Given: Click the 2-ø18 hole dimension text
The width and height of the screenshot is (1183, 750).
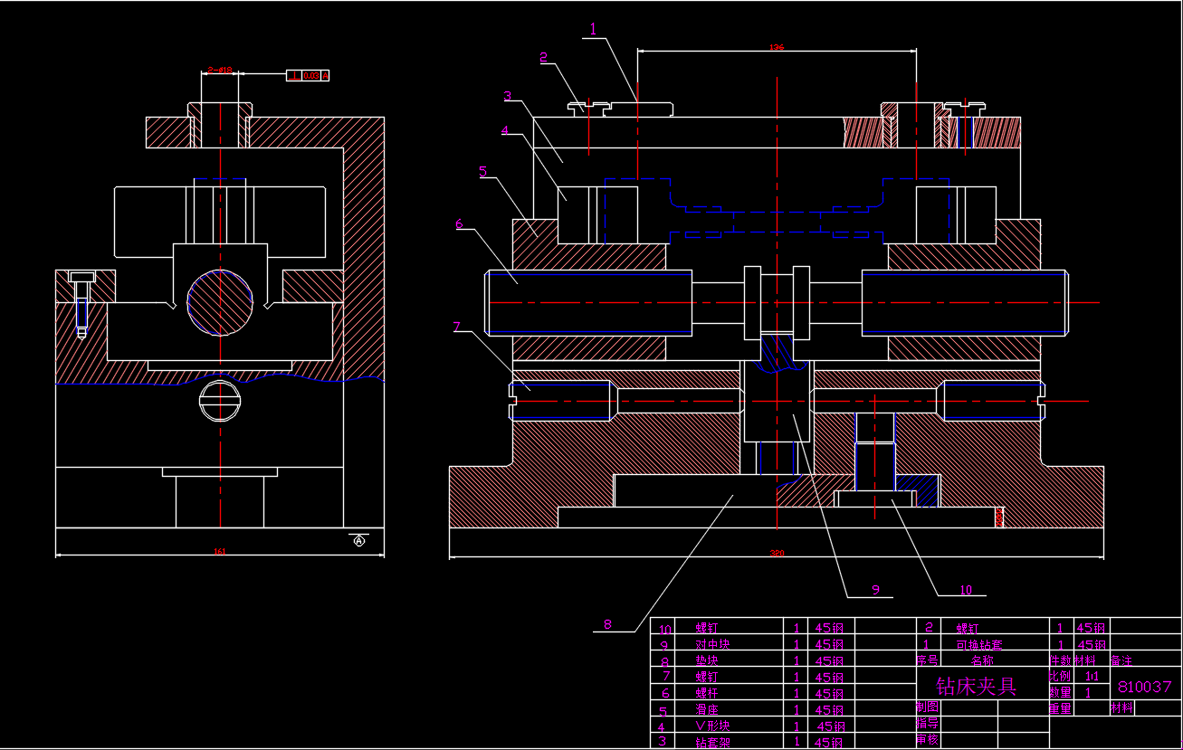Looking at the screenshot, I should click(220, 70).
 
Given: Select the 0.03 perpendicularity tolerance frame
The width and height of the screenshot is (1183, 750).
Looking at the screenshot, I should click(309, 75).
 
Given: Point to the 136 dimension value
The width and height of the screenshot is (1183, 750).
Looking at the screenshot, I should click(776, 47).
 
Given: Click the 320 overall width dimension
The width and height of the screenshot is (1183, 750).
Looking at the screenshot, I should click(776, 552).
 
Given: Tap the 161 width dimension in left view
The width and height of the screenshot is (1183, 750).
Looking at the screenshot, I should click(220, 551).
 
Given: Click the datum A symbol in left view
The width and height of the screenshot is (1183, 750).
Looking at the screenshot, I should click(358, 541).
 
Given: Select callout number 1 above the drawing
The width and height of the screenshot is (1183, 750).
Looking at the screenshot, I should click(593, 29).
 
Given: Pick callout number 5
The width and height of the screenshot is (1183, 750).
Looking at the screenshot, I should click(483, 170).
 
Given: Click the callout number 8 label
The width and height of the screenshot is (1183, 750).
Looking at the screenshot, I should click(607, 623).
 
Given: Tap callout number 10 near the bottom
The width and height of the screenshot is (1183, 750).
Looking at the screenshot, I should click(966, 590).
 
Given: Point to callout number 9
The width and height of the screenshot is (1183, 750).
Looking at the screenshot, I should click(875, 589).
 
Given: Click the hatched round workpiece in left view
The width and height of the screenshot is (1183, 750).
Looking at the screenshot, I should click(220, 302).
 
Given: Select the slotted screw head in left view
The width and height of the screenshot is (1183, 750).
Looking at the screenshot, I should click(220, 401).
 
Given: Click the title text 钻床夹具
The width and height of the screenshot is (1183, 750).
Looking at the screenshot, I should click(976, 686).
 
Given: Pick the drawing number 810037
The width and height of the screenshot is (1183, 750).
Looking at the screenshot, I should click(1145, 687).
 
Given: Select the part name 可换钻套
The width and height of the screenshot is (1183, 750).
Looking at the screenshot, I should click(978, 645).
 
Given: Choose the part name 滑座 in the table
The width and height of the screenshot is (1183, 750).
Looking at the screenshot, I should click(707, 709).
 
